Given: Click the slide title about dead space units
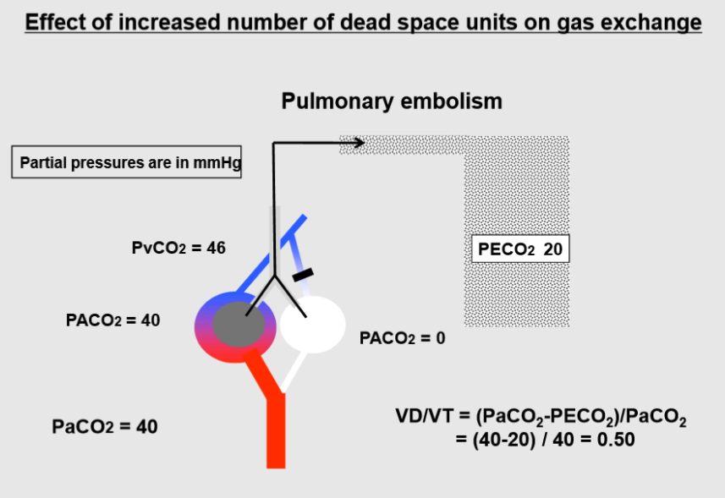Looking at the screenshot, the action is pos(363,21).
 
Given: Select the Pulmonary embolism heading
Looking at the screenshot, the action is pos(391,101).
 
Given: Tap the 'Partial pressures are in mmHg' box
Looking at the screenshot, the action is pos(127,163).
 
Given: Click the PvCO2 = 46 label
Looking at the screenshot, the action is pos(179,249).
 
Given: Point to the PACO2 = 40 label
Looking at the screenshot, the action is pos(113,320).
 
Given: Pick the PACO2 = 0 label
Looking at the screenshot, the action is pos(402,338).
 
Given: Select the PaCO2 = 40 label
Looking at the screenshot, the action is pos(105,427).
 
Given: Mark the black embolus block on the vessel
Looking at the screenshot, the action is pos(302,274).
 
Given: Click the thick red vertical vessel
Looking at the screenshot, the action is pos(276,431).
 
